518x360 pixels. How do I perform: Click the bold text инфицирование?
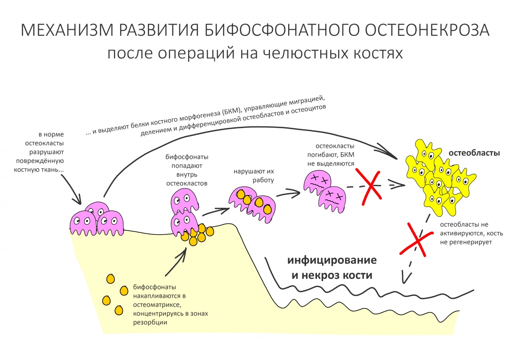tap(332, 260)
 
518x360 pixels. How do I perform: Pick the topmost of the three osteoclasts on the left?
tap(96, 211)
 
